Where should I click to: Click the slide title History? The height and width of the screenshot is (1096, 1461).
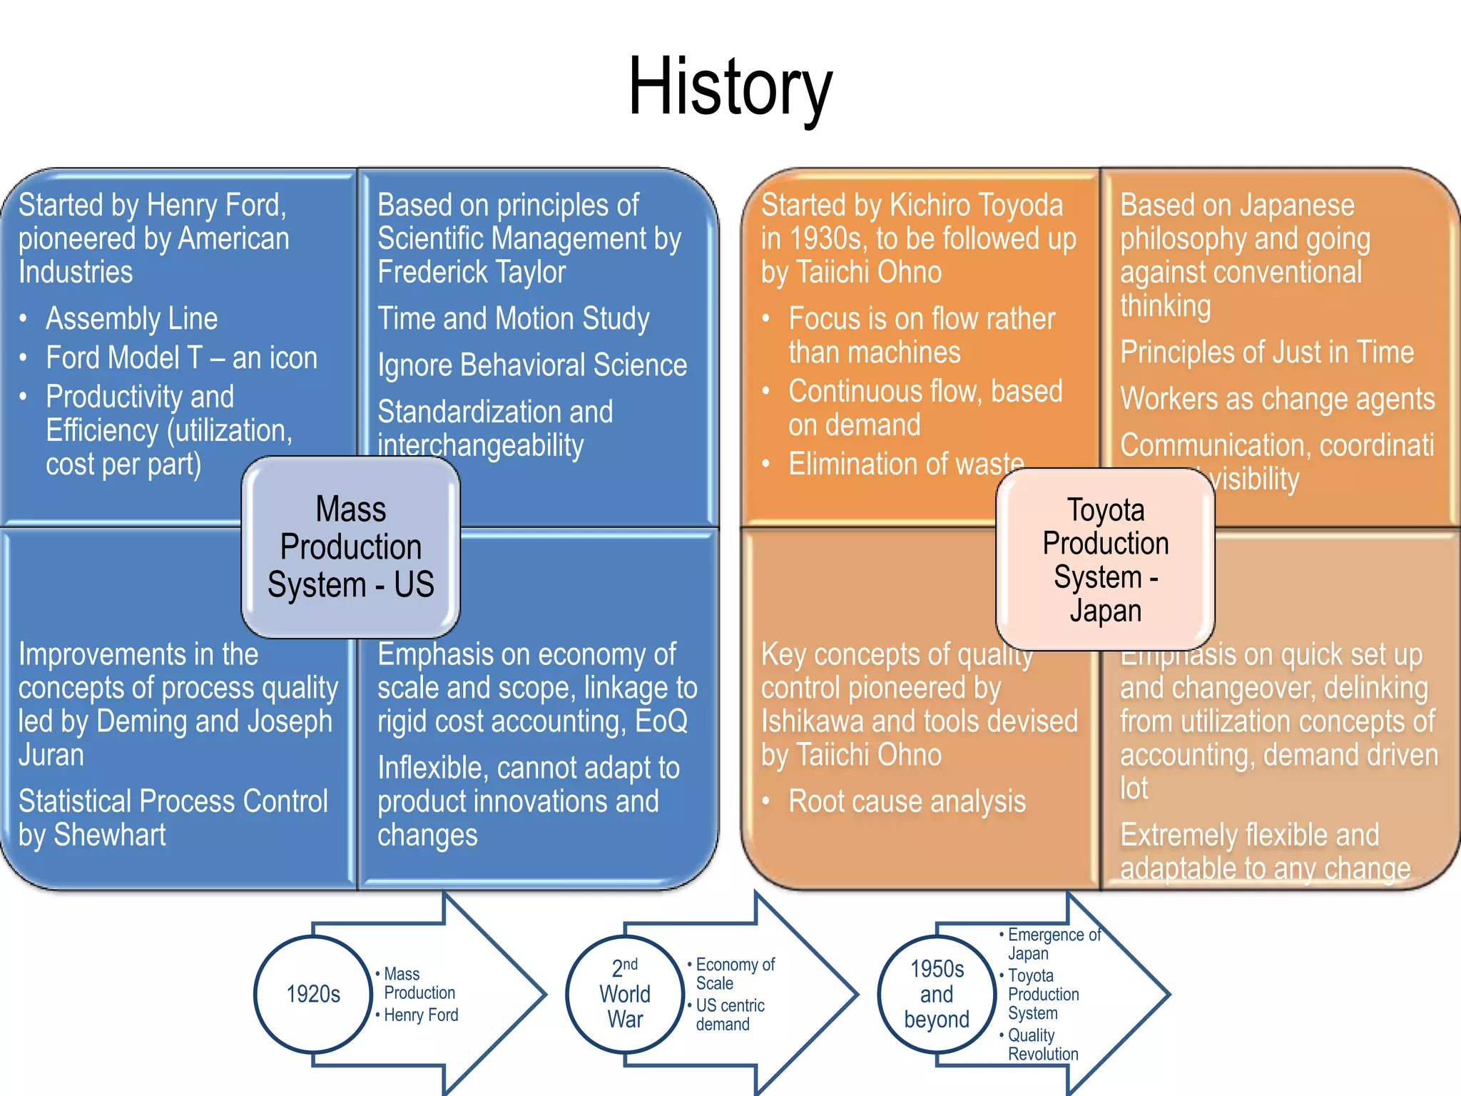click(730, 87)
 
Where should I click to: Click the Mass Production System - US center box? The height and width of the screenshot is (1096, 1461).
click(350, 547)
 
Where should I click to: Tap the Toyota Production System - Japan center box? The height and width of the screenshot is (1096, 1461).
click(1105, 559)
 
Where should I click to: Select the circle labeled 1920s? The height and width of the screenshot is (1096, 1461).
click(313, 993)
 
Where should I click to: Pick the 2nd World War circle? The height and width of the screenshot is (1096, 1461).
click(625, 993)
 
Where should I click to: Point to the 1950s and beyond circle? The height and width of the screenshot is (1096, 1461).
click(937, 993)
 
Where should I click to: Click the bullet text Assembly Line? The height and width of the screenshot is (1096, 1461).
click(131, 318)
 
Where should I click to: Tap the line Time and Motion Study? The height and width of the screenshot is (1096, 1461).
click(513, 318)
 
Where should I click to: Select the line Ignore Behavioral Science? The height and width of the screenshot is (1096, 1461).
click(531, 365)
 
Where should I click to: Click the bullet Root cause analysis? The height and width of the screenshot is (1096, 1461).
click(907, 801)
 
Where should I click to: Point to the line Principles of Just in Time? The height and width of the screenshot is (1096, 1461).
click(1266, 352)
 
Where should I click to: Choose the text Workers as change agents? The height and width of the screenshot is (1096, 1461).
click(1277, 399)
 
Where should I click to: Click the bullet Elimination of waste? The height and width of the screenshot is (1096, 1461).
click(905, 464)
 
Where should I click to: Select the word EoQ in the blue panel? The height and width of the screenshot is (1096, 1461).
click(661, 721)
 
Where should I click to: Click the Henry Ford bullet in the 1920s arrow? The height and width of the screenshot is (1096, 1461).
click(421, 1015)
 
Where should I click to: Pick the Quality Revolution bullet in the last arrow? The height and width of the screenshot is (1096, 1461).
click(1042, 1045)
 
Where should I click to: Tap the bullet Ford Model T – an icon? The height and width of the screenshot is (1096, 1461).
click(181, 357)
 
